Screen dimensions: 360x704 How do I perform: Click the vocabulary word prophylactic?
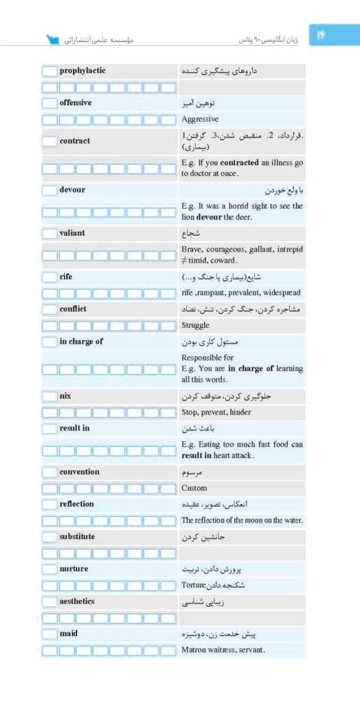coord(82,70)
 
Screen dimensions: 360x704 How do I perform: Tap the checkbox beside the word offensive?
coord(49,103)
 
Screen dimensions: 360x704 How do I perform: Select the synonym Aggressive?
coord(201,119)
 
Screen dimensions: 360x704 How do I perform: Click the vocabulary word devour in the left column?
coord(72,190)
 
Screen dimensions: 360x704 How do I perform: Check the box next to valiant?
coord(49,233)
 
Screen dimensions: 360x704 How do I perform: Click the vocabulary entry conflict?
coord(73,309)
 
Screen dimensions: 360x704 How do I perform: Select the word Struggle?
coord(196,325)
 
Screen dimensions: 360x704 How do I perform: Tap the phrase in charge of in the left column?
coord(81,342)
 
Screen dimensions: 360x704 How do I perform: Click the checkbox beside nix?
coord(49,397)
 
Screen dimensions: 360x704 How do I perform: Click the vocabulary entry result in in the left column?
coord(74,428)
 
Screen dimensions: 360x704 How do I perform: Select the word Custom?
coord(194,488)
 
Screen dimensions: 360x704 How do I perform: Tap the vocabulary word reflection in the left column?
coord(76,504)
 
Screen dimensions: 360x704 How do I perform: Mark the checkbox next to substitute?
coord(49,536)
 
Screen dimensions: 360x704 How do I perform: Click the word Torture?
coord(194,586)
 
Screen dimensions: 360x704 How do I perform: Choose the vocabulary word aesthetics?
coord(77,602)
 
